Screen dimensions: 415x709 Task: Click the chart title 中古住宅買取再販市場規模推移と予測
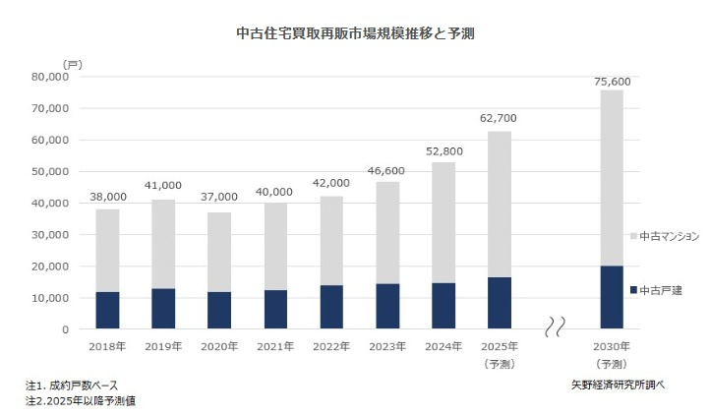(x=357, y=32)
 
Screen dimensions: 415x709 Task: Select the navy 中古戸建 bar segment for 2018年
(x=107, y=310)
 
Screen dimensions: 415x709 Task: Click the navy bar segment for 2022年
(x=331, y=307)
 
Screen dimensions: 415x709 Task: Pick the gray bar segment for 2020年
(x=219, y=251)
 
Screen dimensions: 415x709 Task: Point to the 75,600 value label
(x=612, y=81)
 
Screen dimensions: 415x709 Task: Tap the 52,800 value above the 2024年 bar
(x=443, y=151)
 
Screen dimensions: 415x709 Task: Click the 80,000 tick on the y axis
(x=48, y=77)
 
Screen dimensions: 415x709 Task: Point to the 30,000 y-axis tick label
(x=48, y=235)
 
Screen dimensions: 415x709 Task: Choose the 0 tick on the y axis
(x=65, y=329)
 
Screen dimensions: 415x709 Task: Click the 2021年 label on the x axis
(x=275, y=347)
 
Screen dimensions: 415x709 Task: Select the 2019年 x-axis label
(x=163, y=347)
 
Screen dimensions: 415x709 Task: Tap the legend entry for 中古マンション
(x=664, y=236)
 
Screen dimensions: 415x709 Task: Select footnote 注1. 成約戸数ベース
(x=72, y=385)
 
